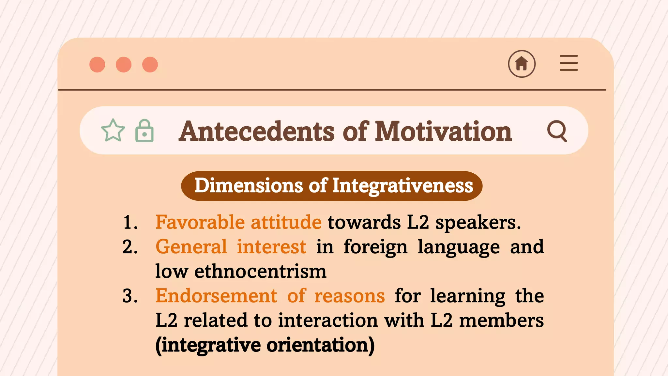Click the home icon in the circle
522,64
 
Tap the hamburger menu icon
569,63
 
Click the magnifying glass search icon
557,131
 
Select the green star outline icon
113,131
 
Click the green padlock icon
144,131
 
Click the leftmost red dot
97,64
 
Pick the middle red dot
124,64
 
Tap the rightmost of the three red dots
150,64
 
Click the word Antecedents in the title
257,131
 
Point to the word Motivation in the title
443,131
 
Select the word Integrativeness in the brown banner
402,186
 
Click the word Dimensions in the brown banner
249,186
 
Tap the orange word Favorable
200,222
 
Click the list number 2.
130,247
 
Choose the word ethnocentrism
260,272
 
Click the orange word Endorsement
216,296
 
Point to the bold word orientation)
320,345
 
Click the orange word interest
271,247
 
